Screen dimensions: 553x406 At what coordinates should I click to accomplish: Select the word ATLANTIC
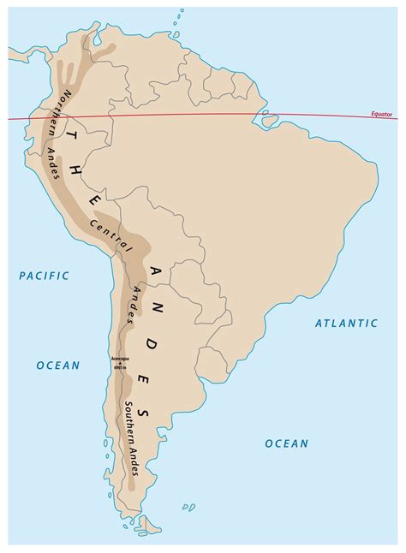pyautogui.click(x=345, y=323)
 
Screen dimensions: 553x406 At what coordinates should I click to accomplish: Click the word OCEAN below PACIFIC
pyautogui.click(x=57, y=366)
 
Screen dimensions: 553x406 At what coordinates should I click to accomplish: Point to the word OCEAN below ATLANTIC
pyautogui.click(x=285, y=443)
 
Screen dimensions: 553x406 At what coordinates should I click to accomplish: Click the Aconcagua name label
pyautogui.click(x=120, y=359)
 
